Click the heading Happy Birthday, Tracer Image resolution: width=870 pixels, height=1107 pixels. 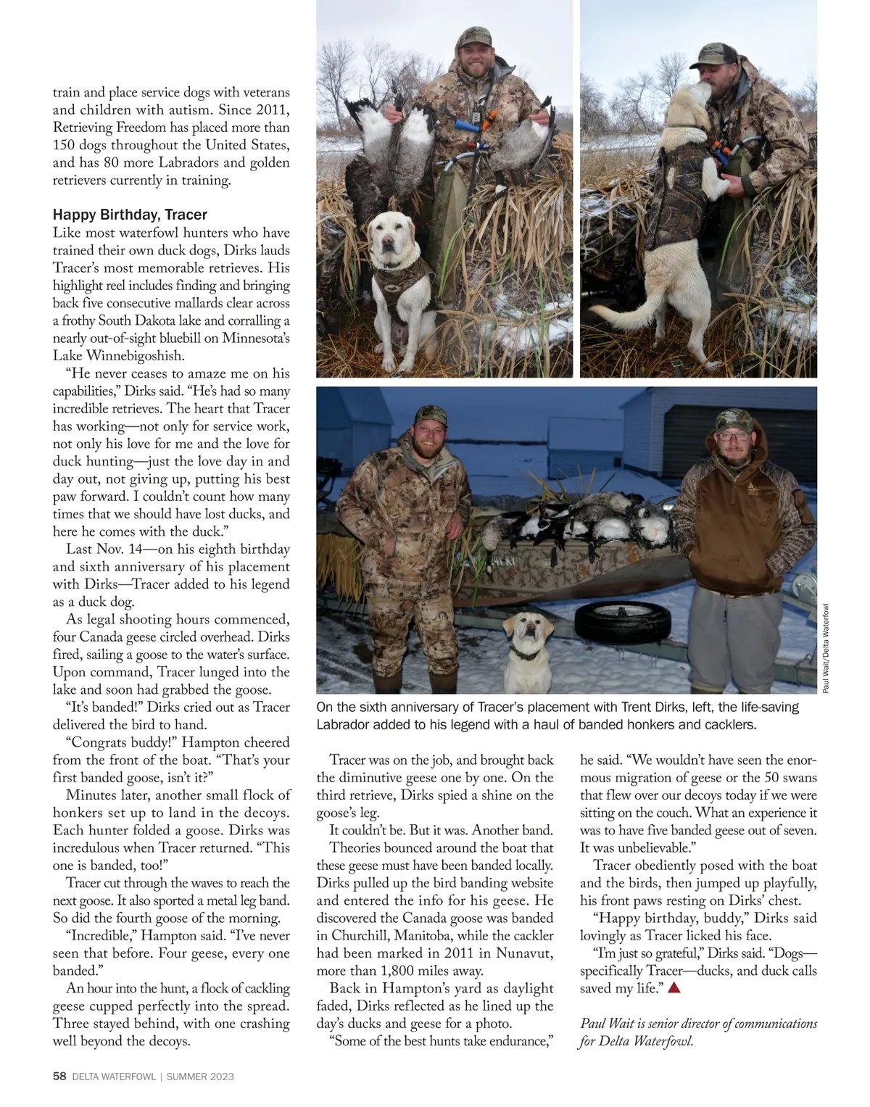click(130, 215)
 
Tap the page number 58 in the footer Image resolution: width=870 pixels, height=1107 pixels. click(60, 1077)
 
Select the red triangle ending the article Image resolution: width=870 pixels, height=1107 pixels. click(674, 987)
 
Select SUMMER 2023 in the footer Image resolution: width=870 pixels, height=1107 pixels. click(200, 1077)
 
